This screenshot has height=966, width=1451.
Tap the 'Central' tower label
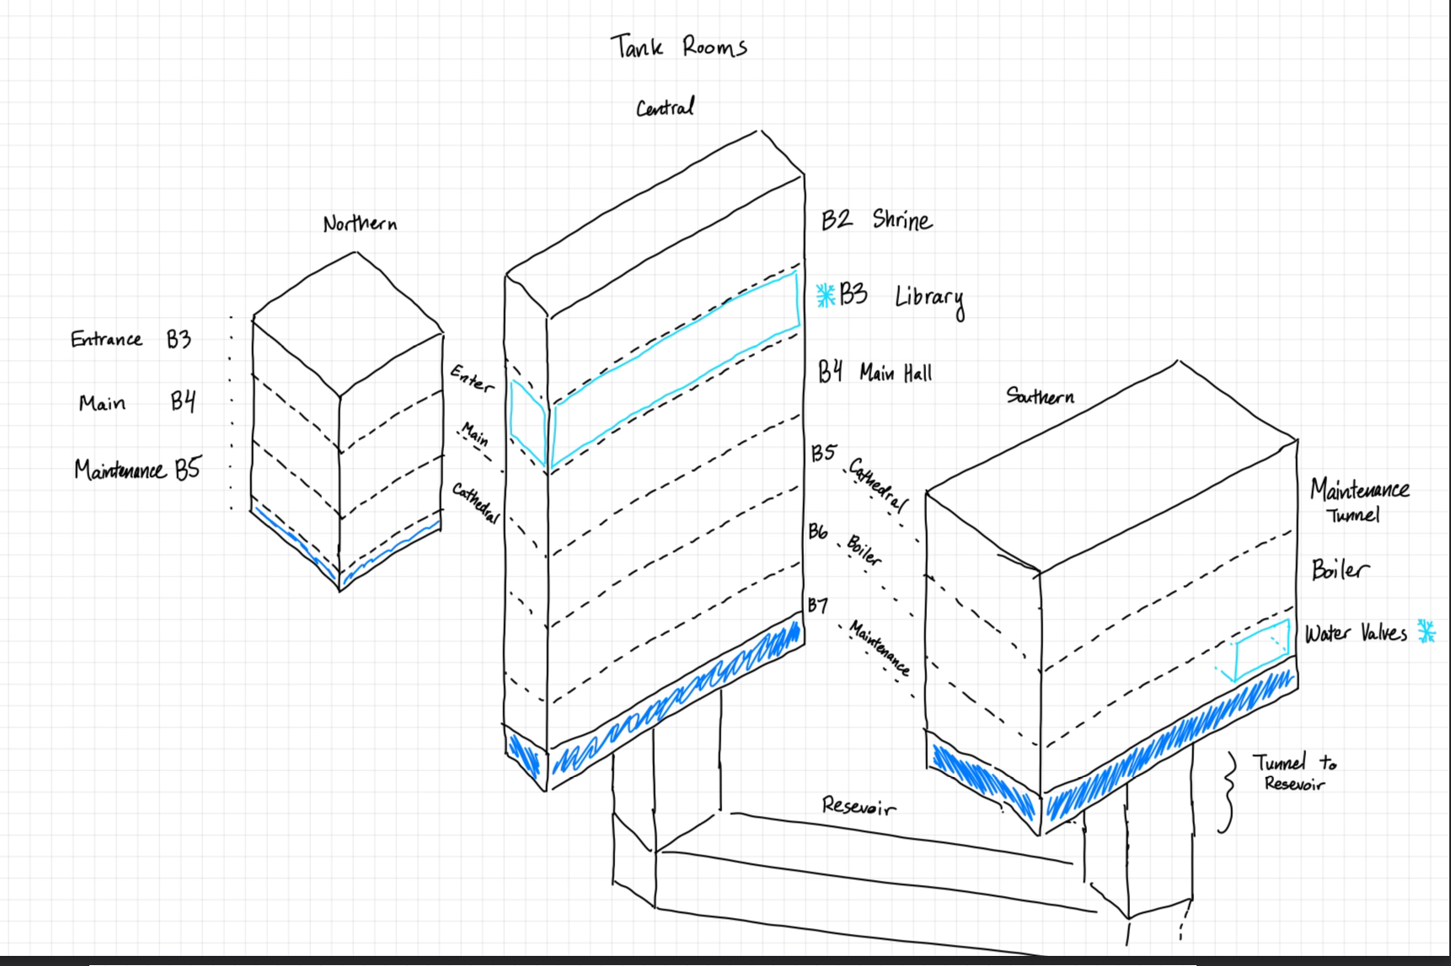[x=665, y=108]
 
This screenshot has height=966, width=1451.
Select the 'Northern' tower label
[x=360, y=224]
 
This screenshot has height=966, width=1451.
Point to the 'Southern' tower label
[x=1040, y=395]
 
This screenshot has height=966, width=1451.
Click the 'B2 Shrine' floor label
[x=876, y=220]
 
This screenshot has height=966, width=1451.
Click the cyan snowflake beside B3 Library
[x=826, y=295]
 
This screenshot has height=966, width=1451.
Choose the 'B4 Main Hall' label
[x=875, y=372]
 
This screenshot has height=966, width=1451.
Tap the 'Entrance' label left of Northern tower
[x=106, y=340]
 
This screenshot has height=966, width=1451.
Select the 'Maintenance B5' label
[x=137, y=470]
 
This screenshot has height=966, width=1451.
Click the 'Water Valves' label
[x=1355, y=634]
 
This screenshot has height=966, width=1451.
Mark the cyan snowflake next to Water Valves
[x=1426, y=631]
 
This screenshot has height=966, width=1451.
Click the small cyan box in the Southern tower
[x=1261, y=649]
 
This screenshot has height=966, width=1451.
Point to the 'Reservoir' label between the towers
[x=859, y=807]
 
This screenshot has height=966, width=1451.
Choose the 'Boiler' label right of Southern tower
[x=1339, y=570]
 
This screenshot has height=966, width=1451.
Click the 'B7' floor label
[x=817, y=605]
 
